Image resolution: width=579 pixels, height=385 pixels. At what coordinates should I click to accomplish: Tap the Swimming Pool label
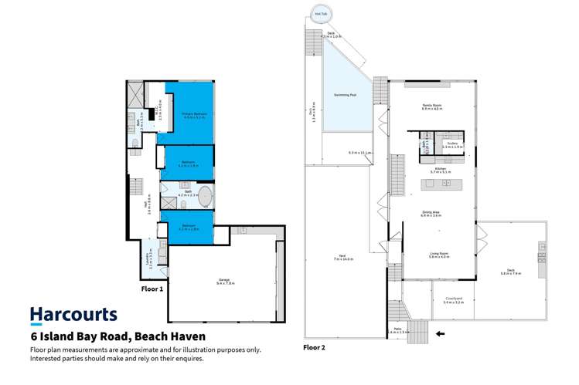click(x=345, y=94)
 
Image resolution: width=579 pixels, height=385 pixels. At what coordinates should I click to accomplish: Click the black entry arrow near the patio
click(x=441, y=334)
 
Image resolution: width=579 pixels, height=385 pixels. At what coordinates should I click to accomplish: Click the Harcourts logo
click(x=73, y=315)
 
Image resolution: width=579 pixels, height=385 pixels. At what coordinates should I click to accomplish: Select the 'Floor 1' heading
click(x=152, y=289)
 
